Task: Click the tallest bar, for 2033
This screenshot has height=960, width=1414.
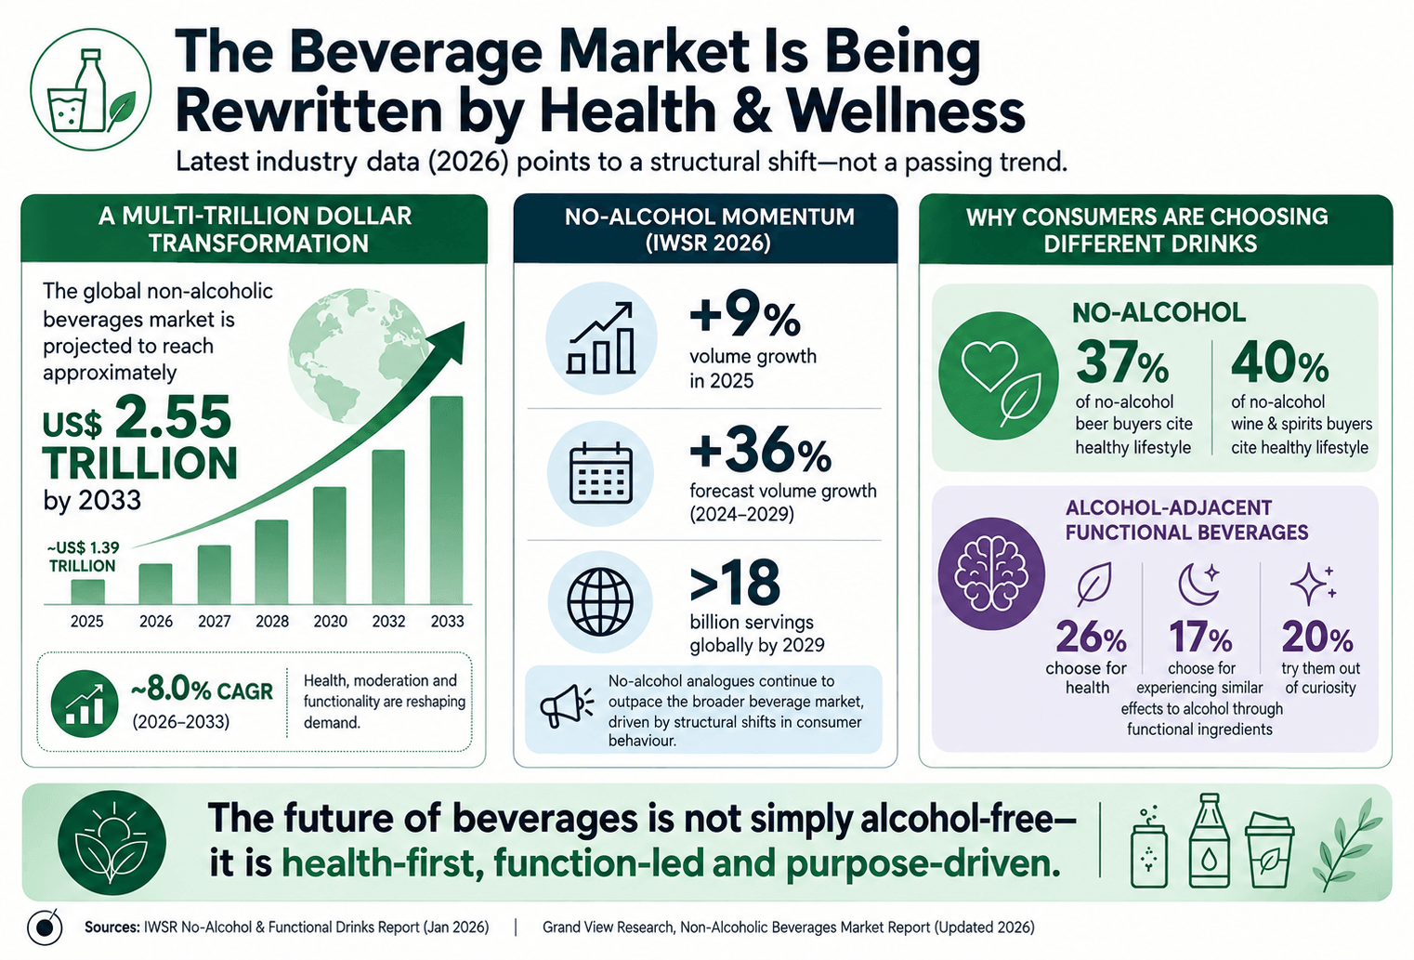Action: coord(446,500)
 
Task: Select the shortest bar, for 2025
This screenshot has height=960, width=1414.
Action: coord(87,592)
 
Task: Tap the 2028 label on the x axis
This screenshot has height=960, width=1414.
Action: coord(272,622)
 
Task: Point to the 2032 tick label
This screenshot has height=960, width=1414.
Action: coord(388,622)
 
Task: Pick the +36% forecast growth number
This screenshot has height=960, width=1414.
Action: coord(760,450)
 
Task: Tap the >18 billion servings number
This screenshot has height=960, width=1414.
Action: coord(735,581)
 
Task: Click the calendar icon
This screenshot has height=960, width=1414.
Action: coord(600,474)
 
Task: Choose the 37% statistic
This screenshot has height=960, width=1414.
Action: coord(1122,362)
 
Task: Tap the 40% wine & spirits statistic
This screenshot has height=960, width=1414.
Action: coord(1280,362)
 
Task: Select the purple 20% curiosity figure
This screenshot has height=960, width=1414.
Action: coord(1317,637)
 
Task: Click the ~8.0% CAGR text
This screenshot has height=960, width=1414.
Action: coord(202,691)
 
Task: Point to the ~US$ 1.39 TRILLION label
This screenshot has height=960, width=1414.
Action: coord(84,557)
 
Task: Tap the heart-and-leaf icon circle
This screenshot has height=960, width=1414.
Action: coord(999,375)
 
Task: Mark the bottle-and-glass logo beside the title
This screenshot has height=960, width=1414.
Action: coord(91,89)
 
